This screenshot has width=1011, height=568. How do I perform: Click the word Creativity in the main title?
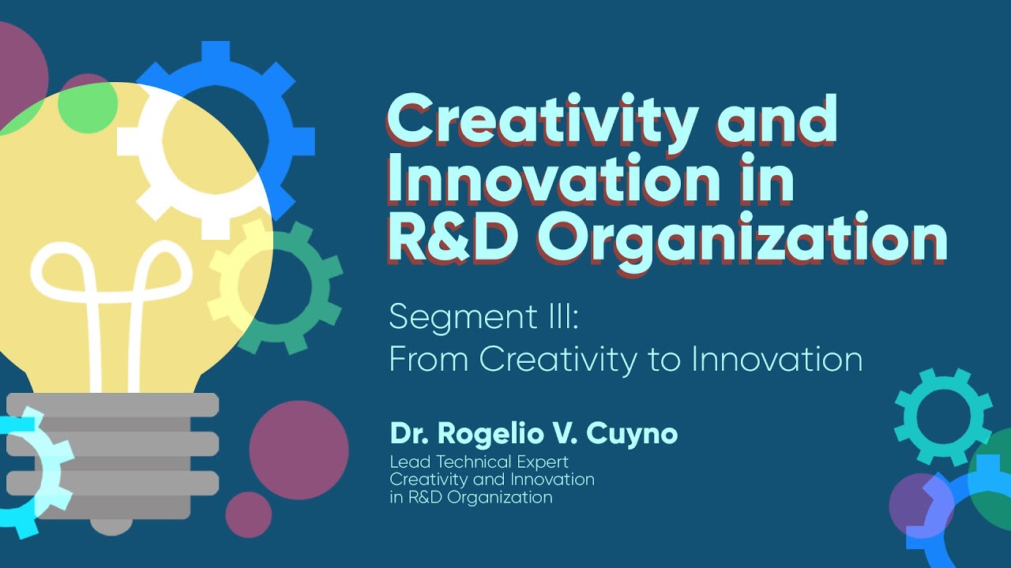[541, 121]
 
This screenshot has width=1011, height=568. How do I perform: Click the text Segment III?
[483, 317]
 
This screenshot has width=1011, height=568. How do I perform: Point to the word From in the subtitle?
[428, 359]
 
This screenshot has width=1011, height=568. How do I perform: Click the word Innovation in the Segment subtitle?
[776, 359]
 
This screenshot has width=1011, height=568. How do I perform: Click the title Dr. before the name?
[408, 434]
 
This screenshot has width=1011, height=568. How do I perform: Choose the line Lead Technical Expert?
[479, 461]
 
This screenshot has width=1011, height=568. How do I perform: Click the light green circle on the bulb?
[88, 107]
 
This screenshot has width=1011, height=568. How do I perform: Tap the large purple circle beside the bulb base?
[299, 450]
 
